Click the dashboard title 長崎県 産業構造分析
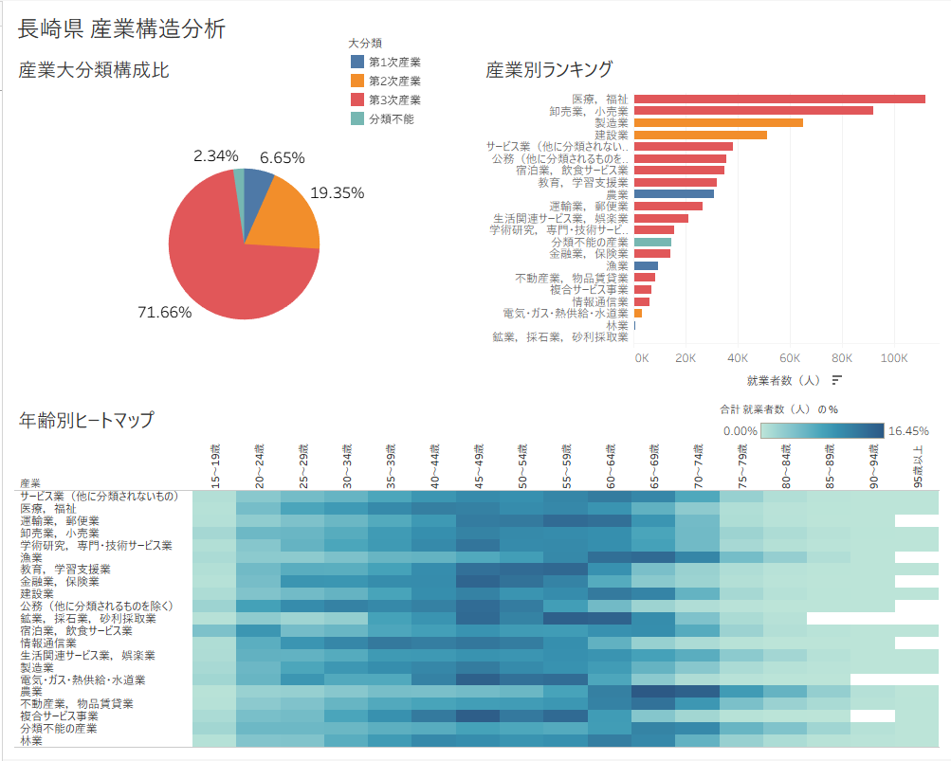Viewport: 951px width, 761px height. pyautogui.click(x=121, y=29)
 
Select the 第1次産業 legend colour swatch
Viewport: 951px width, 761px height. pyautogui.click(x=357, y=62)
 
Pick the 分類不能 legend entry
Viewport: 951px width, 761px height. pyautogui.click(x=391, y=118)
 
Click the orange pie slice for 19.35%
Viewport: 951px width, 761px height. pyautogui.click(x=284, y=219)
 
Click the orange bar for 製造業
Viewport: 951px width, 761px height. pyautogui.click(x=718, y=122)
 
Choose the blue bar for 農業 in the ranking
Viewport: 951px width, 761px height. pyautogui.click(x=673, y=193)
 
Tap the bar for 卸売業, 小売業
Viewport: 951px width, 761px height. pyautogui.click(x=753, y=111)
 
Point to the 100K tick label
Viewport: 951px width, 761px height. pyautogui.click(x=894, y=358)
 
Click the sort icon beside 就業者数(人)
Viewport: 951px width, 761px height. pyautogui.click(x=837, y=380)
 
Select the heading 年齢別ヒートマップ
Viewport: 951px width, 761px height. pyautogui.click(x=85, y=420)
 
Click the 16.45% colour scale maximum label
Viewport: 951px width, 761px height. pyautogui.click(x=908, y=430)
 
